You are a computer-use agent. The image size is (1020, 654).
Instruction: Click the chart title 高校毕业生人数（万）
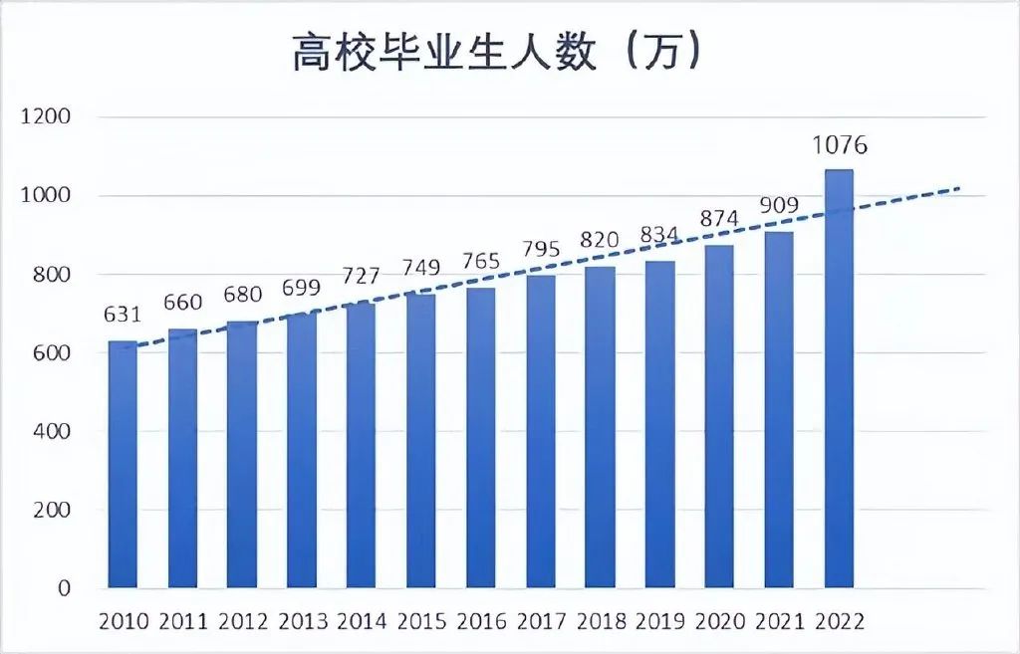coord(498,53)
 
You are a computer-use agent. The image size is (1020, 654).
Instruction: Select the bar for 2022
coord(839,378)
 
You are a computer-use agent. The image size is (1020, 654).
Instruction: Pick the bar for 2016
coord(481,438)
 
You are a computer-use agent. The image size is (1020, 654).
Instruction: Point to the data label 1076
coord(839,145)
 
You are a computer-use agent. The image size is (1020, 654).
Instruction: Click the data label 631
coord(123,316)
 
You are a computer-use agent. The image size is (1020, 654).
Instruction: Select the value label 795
coord(541,250)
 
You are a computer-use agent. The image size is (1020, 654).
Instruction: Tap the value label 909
coord(779,206)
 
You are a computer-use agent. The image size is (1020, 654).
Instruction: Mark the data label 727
coord(361,276)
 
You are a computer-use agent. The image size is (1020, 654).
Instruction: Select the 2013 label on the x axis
coord(303,622)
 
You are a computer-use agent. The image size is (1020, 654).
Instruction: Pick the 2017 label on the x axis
coord(542,622)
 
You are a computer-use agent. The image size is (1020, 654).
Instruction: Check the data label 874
coord(719,220)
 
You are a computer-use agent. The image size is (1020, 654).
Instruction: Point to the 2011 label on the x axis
coord(183,622)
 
